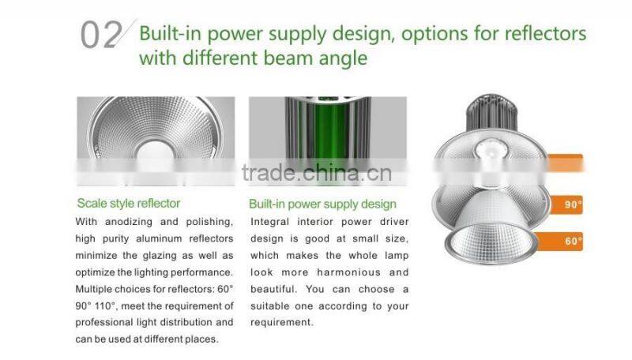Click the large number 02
(x=101, y=36)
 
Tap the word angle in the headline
(x=341, y=58)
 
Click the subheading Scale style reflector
(x=129, y=203)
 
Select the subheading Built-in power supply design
(x=322, y=204)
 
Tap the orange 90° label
(x=572, y=204)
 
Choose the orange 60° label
(x=573, y=241)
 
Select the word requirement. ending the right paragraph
(x=282, y=322)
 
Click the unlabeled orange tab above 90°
(x=566, y=163)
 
